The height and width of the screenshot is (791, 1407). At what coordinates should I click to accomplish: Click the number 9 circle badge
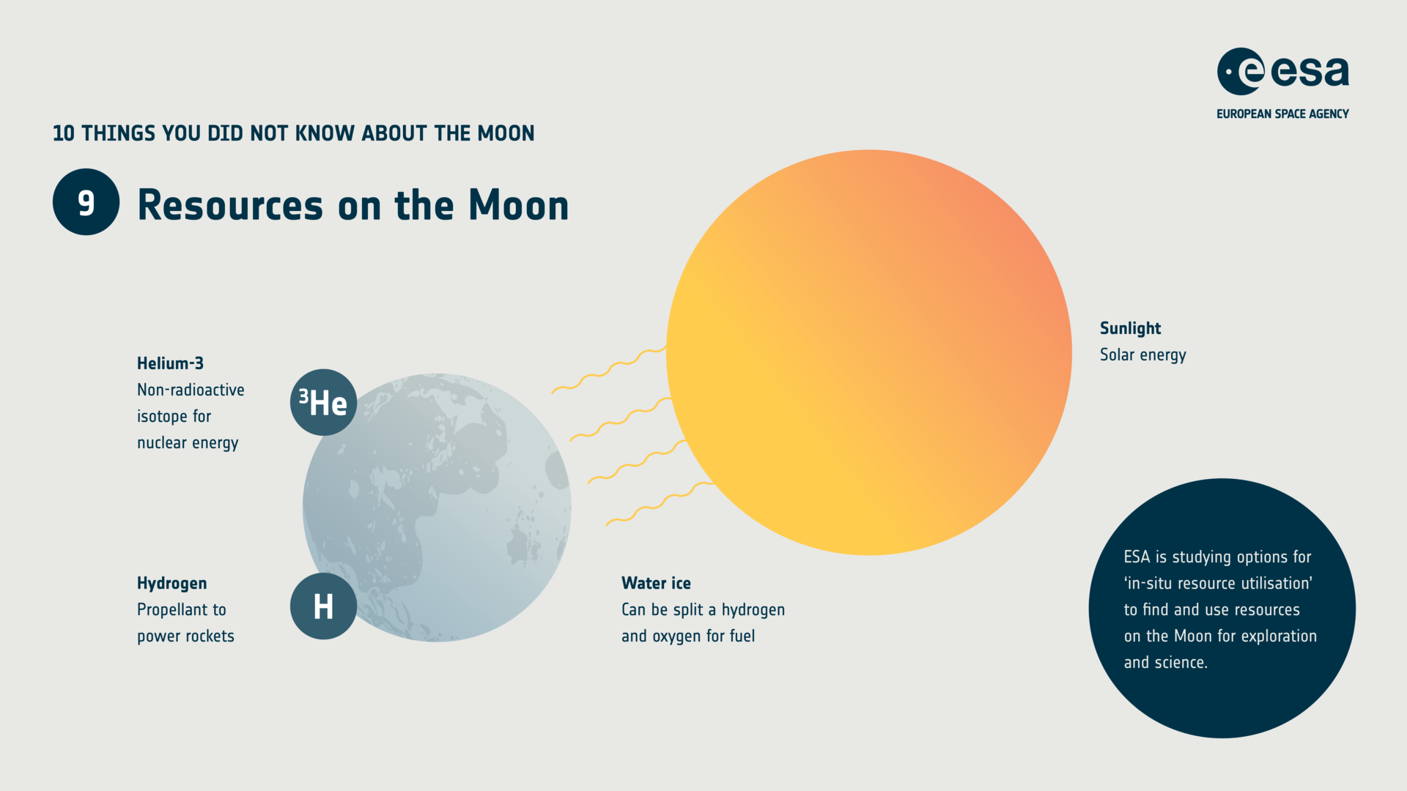[x=86, y=202]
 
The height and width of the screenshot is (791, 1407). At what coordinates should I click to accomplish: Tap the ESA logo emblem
[x=1241, y=72]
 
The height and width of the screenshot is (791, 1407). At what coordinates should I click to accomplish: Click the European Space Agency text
[x=1282, y=114]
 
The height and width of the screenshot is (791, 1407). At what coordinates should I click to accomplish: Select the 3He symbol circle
[x=323, y=402]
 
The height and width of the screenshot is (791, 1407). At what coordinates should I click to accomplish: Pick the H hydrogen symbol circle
[x=323, y=606]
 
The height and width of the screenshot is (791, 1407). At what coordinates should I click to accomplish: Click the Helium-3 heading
[x=170, y=363]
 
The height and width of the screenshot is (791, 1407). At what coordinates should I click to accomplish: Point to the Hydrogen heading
[x=171, y=583]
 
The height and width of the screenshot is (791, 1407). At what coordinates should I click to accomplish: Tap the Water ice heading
[x=656, y=583]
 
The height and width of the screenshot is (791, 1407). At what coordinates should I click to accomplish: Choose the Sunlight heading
[x=1130, y=328]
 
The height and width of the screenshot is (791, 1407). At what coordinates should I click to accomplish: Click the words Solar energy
[x=1142, y=355]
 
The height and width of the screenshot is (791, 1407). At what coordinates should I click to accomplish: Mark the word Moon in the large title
[x=518, y=205]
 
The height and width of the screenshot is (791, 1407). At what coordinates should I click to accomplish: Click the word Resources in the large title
[x=230, y=205]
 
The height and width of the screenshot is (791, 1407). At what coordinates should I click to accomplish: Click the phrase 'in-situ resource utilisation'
[x=1218, y=584]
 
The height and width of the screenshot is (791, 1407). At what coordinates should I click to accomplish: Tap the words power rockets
[x=185, y=636]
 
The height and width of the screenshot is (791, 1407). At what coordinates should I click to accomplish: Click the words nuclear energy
[x=188, y=443]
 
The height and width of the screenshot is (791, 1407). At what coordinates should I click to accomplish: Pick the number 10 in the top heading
[x=64, y=133]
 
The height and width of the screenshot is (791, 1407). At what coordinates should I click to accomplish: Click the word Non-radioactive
[x=191, y=390]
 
